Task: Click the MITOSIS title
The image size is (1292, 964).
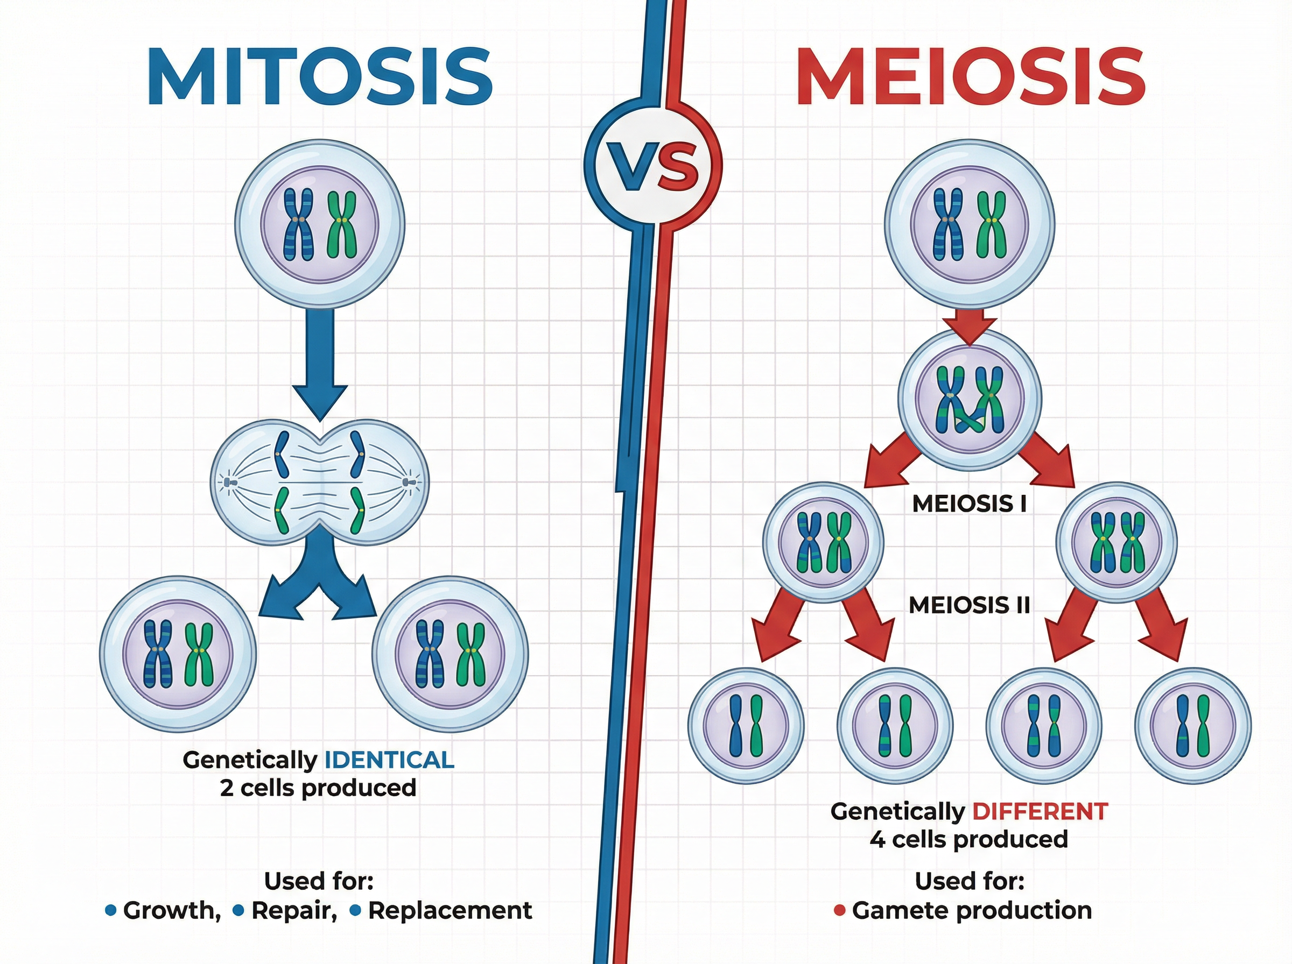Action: (320, 76)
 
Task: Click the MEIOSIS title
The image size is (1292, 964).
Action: (970, 76)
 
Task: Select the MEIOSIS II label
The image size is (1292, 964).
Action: (969, 605)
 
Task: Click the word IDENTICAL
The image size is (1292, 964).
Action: (389, 760)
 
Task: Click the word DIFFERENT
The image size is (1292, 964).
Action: (1040, 812)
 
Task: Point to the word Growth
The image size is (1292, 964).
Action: (171, 910)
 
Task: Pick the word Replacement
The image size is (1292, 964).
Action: (450, 910)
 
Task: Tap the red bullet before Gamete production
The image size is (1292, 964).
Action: (840, 910)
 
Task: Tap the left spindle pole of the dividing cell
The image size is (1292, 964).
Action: (227, 482)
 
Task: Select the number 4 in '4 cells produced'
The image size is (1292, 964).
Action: (877, 840)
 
